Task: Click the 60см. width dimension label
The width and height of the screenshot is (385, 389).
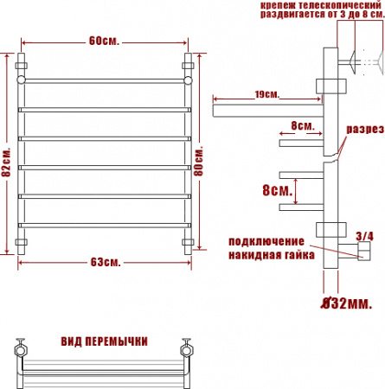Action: [x=103, y=40]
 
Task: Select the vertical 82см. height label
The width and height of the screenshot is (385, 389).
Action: [x=7, y=159]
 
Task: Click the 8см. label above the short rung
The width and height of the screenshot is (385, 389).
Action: [x=303, y=125]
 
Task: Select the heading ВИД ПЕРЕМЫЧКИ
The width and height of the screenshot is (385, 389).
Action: [x=101, y=340]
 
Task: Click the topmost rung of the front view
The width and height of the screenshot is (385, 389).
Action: [x=103, y=80]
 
